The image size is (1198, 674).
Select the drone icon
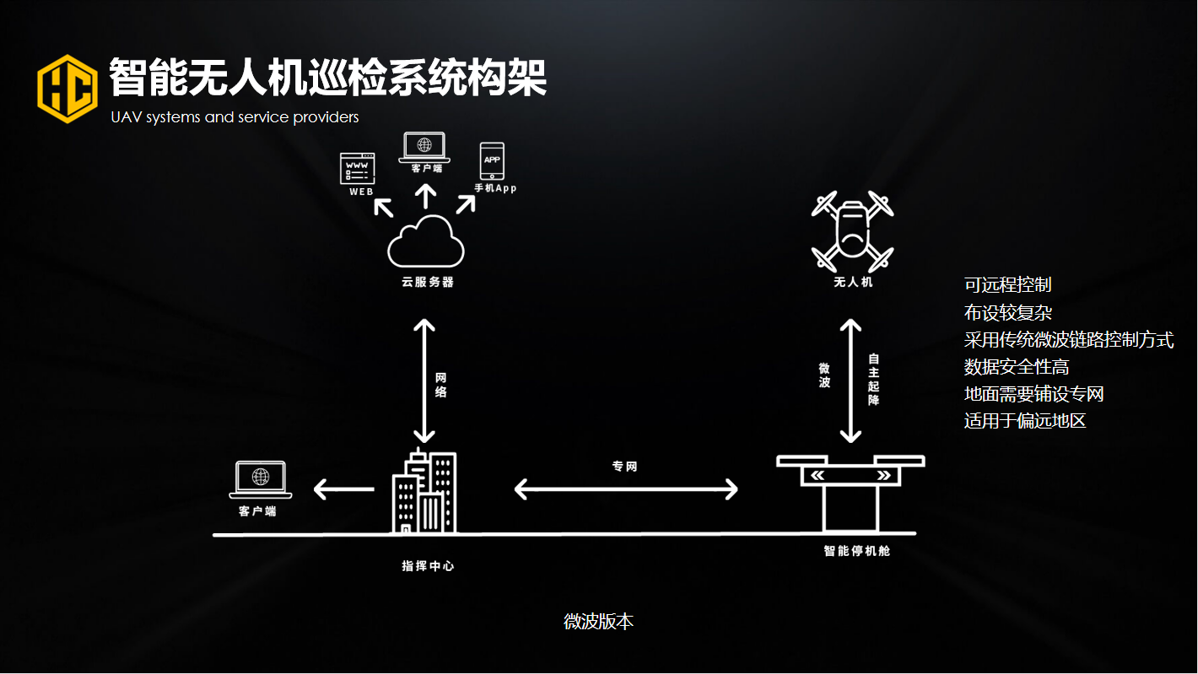(852, 229)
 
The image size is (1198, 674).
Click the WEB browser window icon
(356, 168)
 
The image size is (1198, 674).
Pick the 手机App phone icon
(492, 160)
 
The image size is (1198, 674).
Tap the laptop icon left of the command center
(260, 480)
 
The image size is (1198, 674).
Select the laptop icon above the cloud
(424, 147)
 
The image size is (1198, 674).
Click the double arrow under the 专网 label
(626, 489)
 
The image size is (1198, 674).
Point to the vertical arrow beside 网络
(424, 380)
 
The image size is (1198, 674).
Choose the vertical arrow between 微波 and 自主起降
(850, 380)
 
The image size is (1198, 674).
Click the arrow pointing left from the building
(343, 488)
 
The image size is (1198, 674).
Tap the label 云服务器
(426, 283)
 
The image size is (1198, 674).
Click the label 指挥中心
(427, 566)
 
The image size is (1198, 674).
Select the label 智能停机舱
(857, 552)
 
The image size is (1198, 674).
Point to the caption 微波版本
(598, 622)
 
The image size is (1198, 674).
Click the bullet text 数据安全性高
(1017, 367)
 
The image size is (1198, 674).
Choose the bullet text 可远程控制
(1007, 285)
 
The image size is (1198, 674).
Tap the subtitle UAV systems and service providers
(235, 117)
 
